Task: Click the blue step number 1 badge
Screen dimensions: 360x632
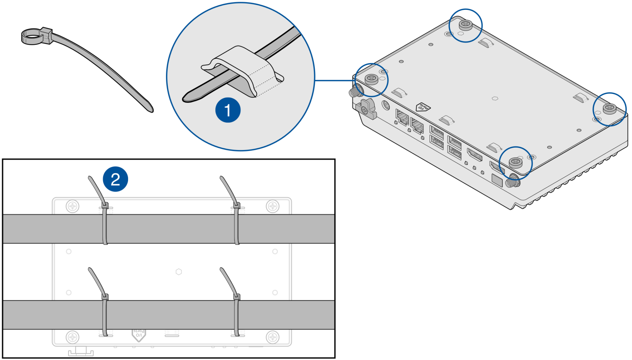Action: click(x=228, y=110)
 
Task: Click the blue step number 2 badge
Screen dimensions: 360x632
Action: click(x=115, y=179)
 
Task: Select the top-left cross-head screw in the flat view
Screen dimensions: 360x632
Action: click(x=72, y=207)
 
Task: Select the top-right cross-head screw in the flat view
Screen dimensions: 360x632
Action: click(x=273, y=207)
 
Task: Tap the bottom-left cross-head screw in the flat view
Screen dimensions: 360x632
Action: click(x=72, y=337)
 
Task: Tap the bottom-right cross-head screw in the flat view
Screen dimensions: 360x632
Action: click(x=273, y=337)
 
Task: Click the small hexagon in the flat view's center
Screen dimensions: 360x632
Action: click(x=179, y=272)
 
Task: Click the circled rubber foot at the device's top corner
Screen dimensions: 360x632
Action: click(x=465, y=24)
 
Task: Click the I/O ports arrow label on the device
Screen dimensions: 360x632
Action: click(x=423, y=107)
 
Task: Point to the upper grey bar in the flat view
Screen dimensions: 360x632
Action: click(x=169, y=229)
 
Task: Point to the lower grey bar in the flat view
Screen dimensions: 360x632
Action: click(x=169, y=315)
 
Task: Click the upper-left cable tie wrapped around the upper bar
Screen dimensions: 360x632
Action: click(x=105, y=227)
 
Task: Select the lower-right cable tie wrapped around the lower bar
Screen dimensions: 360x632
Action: click(x=237, y=315)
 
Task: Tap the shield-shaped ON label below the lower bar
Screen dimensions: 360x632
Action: click(x=139, y=335)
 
